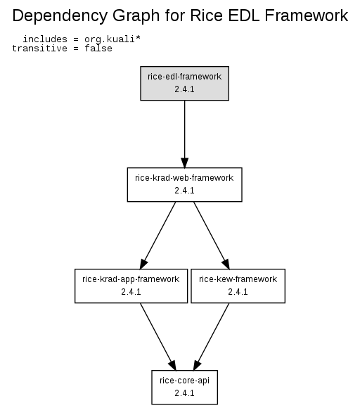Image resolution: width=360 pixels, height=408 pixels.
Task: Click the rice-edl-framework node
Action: click(185, 83)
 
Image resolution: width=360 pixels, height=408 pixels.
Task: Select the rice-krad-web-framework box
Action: click(185, 184)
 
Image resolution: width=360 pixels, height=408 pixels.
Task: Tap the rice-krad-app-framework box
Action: click(131, 286)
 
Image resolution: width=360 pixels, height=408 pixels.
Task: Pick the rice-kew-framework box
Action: click(238, 286)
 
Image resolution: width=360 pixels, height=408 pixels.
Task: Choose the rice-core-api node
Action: click(185, 387)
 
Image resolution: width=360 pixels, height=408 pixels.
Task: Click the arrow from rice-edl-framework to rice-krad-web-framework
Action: click(185, 134)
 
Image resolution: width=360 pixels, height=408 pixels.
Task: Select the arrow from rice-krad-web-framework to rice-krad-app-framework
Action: click(158, 235)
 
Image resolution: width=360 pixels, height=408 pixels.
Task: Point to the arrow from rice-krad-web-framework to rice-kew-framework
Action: click(212, 235)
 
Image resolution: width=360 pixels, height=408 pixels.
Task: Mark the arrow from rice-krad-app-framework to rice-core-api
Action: click(158, 336)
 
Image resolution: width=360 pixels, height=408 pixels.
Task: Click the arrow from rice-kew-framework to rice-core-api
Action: click(211, 336)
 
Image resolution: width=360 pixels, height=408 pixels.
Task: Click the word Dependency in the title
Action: click(60, 16)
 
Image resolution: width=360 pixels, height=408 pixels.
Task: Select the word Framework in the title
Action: click(307, 15)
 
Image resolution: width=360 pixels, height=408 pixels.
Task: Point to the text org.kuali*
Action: click(112, 39)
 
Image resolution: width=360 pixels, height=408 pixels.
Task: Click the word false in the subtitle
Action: click(98, 48)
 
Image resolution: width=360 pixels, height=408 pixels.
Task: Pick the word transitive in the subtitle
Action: click(39, 48)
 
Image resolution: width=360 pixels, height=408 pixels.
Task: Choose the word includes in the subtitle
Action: click(45, 39)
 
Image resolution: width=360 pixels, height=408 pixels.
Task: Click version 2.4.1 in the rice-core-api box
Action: click(184, 393)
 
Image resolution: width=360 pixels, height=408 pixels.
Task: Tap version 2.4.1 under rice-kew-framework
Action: click(238, 292)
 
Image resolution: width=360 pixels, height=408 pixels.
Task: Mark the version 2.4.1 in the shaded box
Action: click(184, 89)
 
